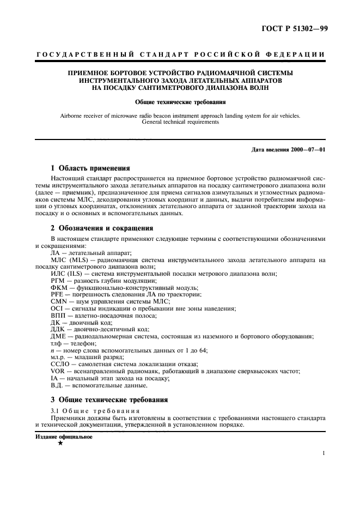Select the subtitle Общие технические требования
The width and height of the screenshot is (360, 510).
180,101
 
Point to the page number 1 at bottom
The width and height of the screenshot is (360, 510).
324,453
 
